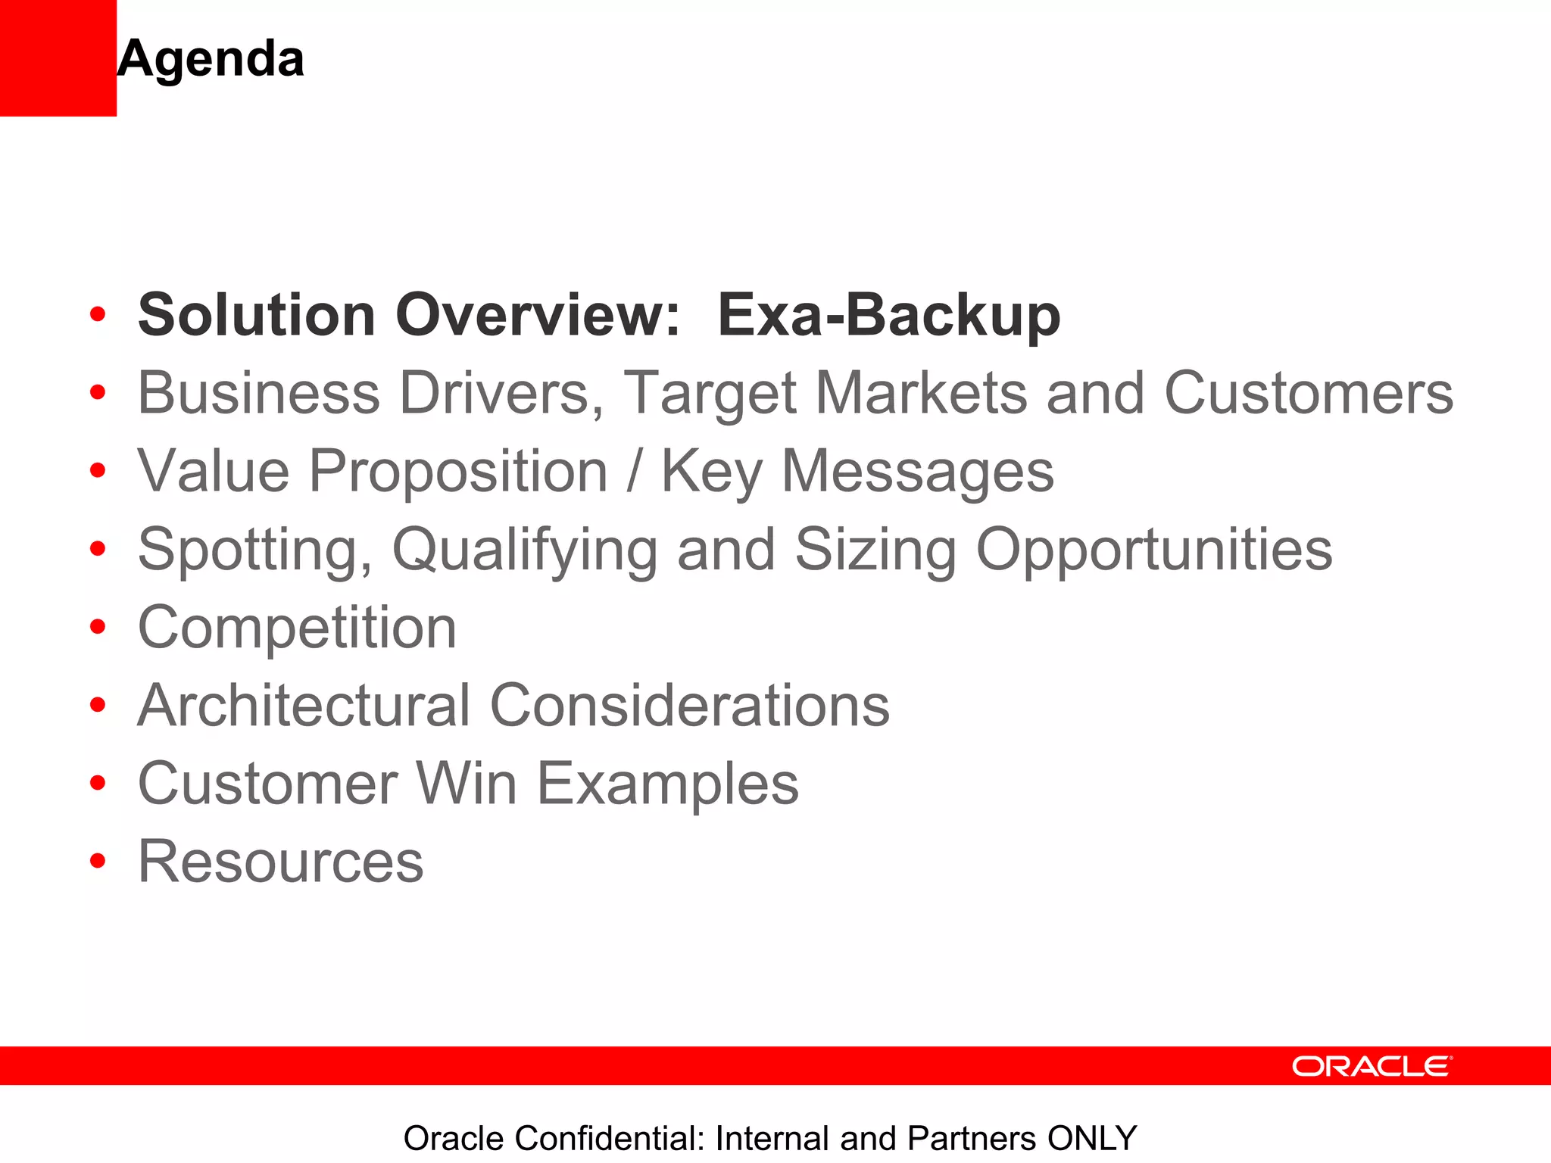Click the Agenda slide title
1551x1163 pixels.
(211, 59)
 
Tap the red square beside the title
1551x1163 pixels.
(58, 58)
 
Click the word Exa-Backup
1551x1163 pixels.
(888, 315)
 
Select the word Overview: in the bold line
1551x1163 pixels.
(538, 315)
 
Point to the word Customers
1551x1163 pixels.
(1308, 393)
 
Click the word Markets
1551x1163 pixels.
(921, 393)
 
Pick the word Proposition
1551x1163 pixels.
(458, 471)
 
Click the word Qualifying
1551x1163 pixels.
(524, 550)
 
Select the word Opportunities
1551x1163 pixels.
(1153, 549)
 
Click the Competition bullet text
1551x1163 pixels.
(297, 628)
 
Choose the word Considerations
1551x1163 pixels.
(690, 705)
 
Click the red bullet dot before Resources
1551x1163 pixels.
(97, 861)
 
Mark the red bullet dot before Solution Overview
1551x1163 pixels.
(97, 314)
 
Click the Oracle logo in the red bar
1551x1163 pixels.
(1372, 1066)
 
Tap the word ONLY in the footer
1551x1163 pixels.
(1092, 1139)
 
